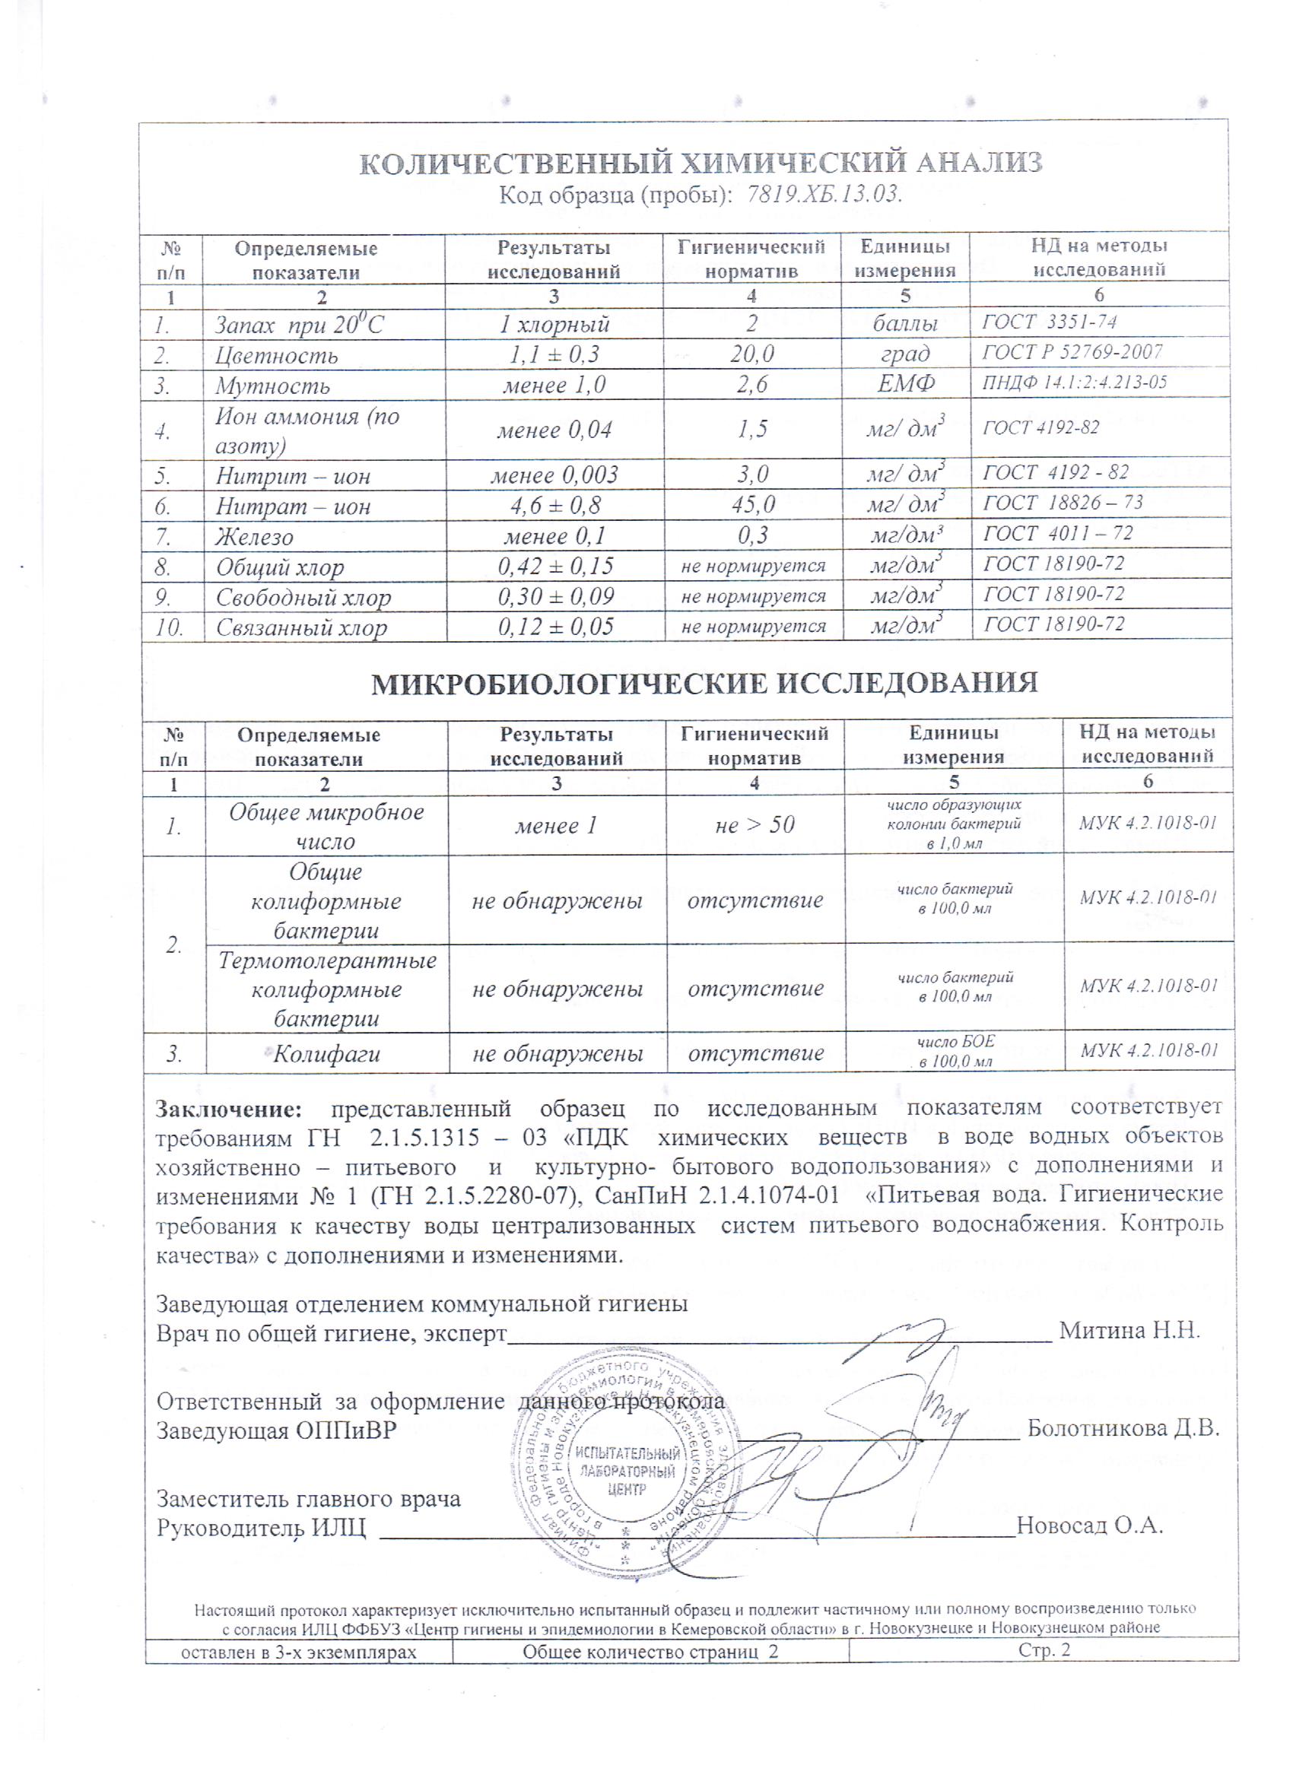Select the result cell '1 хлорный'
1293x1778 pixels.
click(x=554, y=324)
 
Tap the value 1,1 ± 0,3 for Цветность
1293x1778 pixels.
click(x=554, y=354)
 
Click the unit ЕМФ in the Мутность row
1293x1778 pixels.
click(x=906, y=384)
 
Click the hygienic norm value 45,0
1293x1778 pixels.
click(x=753, y=505)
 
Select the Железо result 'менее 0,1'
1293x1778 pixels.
click(x=554, y=536)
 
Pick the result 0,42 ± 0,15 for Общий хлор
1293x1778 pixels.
click(x=555, y=566)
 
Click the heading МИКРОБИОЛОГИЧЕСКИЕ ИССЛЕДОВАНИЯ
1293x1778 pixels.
click(x=704, y=684)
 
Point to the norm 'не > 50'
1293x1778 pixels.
click(x=755, y=824)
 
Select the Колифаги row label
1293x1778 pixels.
click(x=326, y=1053)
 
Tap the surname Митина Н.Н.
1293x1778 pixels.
click(x=1130, y=1330)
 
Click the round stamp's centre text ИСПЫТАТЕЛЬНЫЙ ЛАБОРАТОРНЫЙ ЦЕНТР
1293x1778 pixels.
click(x=627, y=1471)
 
